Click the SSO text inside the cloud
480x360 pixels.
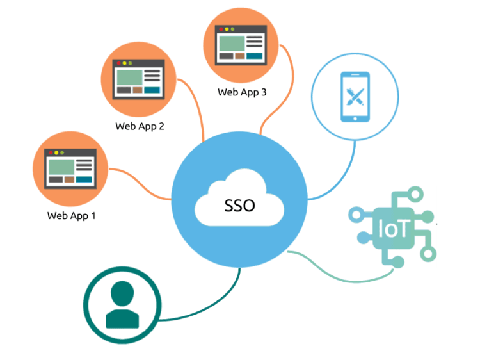239,206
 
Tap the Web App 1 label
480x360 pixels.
71,216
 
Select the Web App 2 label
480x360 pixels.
140,126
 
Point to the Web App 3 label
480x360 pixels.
242,92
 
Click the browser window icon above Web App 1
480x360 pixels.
70,169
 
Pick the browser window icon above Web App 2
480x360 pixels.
139,79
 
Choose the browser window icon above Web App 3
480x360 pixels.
241,45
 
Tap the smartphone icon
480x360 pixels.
355,97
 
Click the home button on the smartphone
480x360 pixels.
355,119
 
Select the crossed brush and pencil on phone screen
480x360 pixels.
355,97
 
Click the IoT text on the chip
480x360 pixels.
393,229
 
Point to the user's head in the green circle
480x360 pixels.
122,293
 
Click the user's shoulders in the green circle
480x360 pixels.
122,318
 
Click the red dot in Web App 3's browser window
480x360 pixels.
221,29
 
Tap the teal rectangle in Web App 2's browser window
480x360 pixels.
152,90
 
